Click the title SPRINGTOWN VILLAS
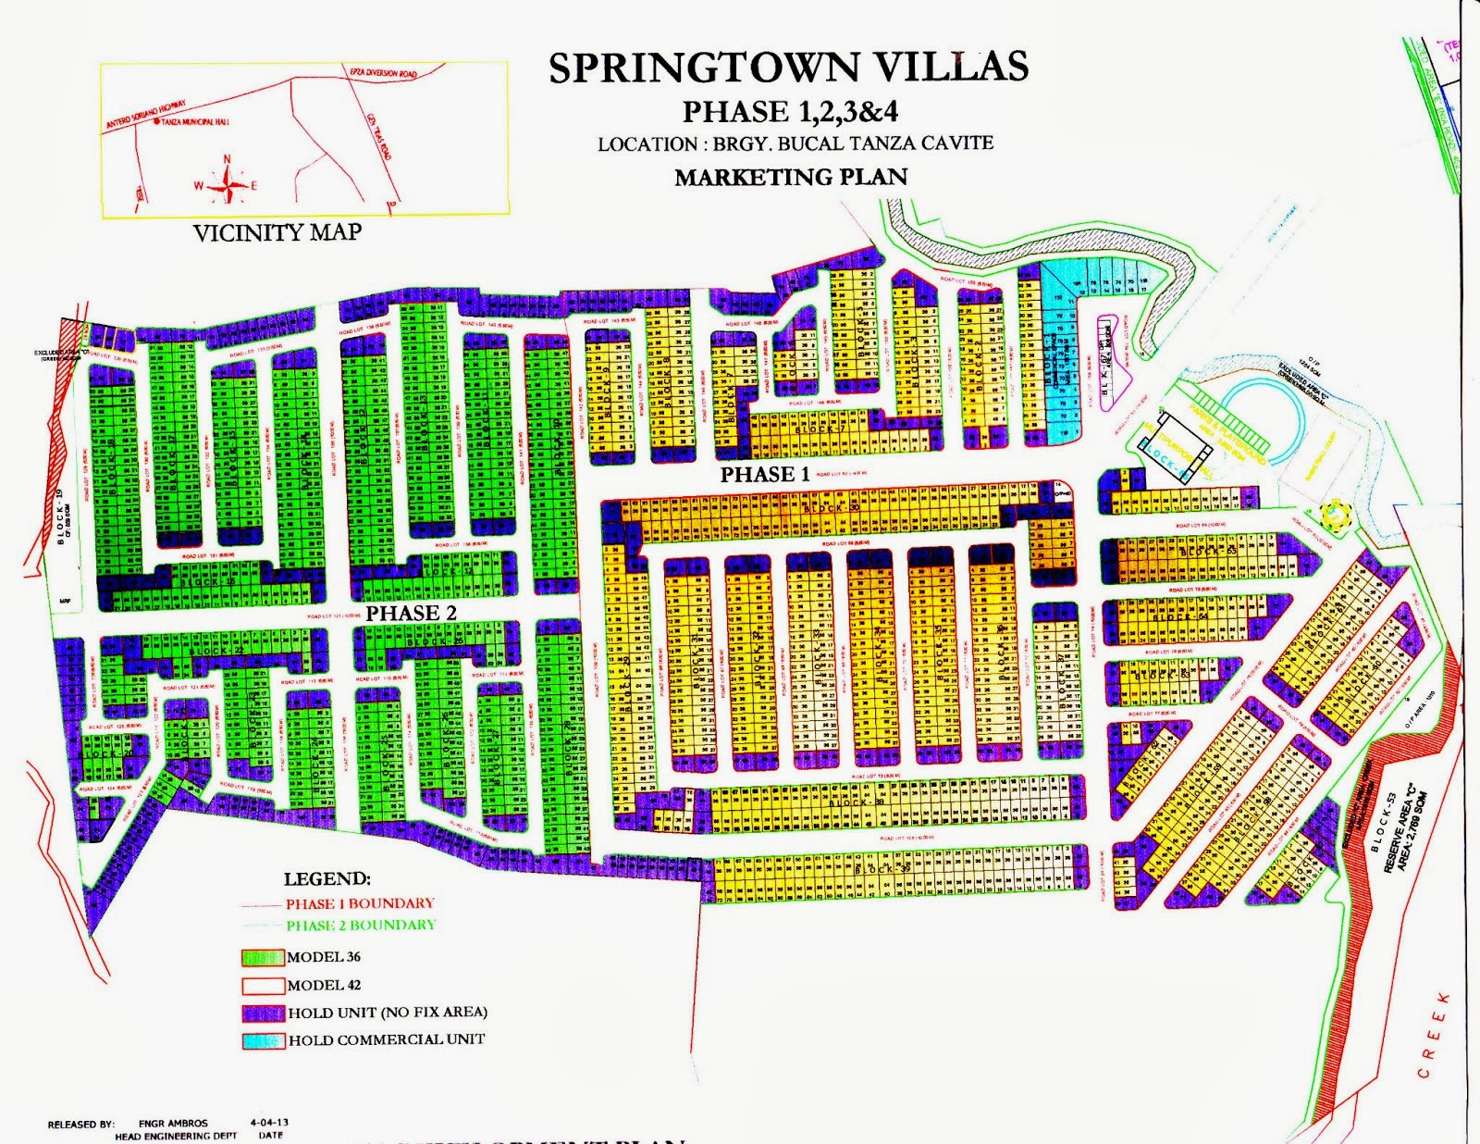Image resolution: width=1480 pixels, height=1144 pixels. coord(788,68)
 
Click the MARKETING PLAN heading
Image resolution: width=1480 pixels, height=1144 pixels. coord(791,177)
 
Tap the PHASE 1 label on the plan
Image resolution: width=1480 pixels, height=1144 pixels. coord(765,475)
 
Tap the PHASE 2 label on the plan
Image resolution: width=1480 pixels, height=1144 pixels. coord(411,613)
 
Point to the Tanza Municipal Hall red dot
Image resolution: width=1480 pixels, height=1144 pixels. coord(155,120)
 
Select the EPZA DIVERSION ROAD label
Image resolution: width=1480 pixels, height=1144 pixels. coord(383,73)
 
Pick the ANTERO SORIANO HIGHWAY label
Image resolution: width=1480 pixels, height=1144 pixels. coord(146,114)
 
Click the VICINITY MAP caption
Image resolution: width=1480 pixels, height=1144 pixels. coord(277,232)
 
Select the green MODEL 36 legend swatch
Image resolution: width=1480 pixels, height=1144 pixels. coord(263,958)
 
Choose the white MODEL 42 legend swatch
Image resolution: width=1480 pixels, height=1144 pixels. coord(263,986)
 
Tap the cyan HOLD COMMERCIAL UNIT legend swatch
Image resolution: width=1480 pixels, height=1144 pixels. coord(263,1040)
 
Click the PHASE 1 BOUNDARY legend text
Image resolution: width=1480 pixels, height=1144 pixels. coord(359,903)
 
